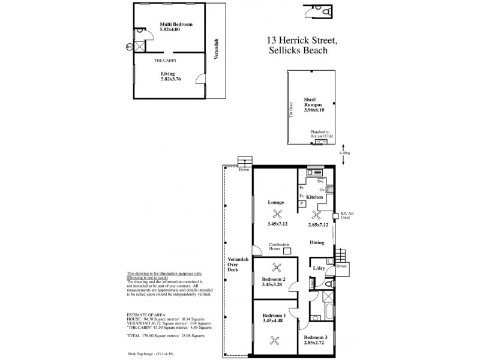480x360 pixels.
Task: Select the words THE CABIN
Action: [164, 61]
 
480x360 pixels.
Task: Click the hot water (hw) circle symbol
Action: [128, 47]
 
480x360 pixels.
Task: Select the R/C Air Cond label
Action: [347, 215]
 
